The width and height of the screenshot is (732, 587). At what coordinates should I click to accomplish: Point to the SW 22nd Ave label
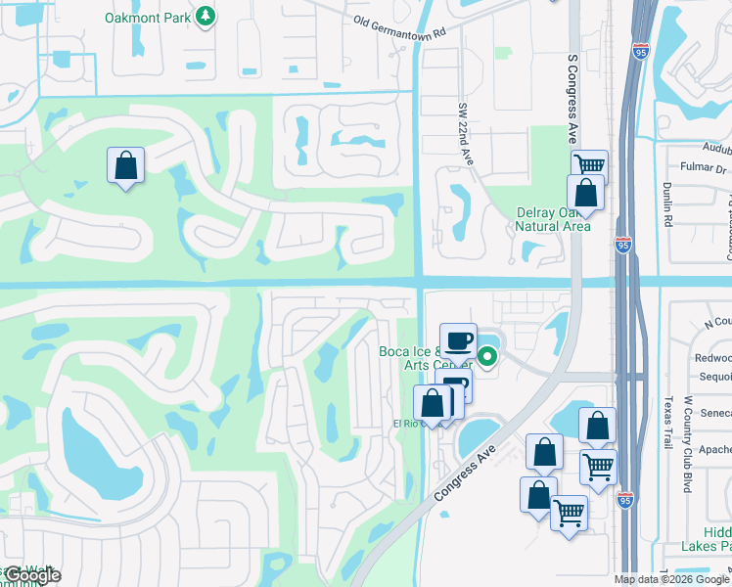[465, 134]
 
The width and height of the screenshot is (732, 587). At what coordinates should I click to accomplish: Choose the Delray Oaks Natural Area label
[553, 220]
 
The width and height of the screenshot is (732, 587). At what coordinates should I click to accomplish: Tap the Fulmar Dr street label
[692, 169]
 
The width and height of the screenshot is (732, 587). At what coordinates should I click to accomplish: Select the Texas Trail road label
[669, 421]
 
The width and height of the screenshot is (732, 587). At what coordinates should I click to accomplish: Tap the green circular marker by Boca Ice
[486, 356]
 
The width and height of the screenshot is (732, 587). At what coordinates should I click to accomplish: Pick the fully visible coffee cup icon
[458, 341]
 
